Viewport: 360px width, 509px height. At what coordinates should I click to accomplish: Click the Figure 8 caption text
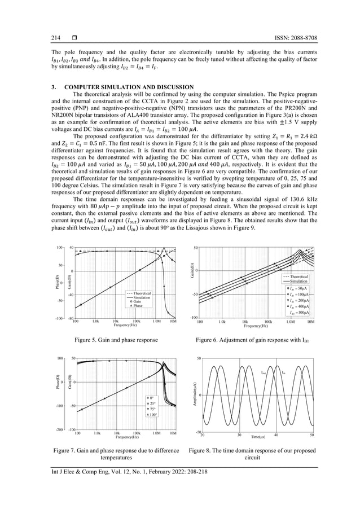[252, 454]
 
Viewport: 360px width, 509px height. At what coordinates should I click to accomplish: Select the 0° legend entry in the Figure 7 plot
[148, 398]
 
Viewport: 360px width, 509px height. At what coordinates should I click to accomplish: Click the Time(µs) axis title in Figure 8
[258, 437]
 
